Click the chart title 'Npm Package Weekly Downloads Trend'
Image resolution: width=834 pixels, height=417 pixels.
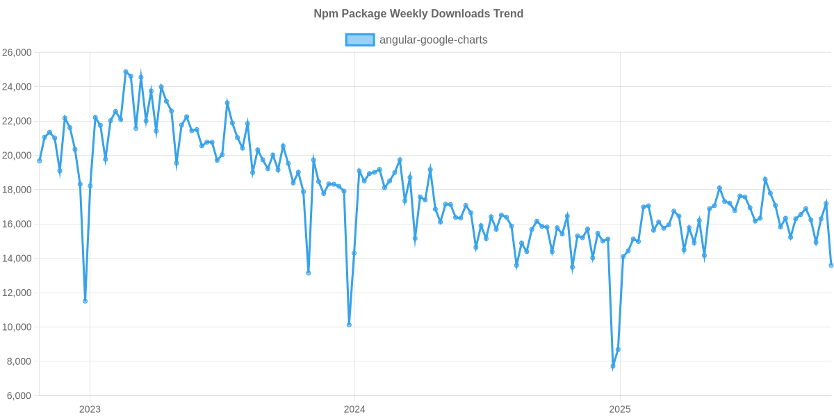coord(417,14)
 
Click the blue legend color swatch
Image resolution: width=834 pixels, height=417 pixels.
coord(359,40)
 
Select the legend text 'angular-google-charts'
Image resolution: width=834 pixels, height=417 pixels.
coord(433,40)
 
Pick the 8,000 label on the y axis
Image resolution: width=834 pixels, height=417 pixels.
coord(20,361)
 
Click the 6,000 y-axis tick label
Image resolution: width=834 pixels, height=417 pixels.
coord(20,395)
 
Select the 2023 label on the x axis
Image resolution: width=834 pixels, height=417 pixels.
coord(90,409)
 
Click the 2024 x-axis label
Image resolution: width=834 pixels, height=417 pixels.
coord(354,409)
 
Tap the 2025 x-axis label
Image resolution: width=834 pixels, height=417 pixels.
coord(619,409)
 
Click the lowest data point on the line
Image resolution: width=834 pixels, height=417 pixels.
coord(612,366)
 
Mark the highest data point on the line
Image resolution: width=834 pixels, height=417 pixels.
coord(126,72)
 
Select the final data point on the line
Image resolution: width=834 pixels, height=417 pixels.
coord(831,265)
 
